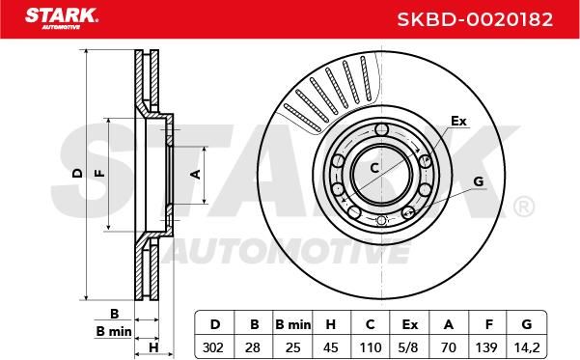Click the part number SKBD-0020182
point(475,19)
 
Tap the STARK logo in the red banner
point(62,18)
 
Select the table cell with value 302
point(213,347)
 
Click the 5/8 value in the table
point(409,347)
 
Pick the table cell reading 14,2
point(527,347)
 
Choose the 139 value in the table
point(486,347)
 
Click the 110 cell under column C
point(371,347)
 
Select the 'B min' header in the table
point(293,324)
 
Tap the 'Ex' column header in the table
point(409,324)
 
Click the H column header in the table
point(331,324)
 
